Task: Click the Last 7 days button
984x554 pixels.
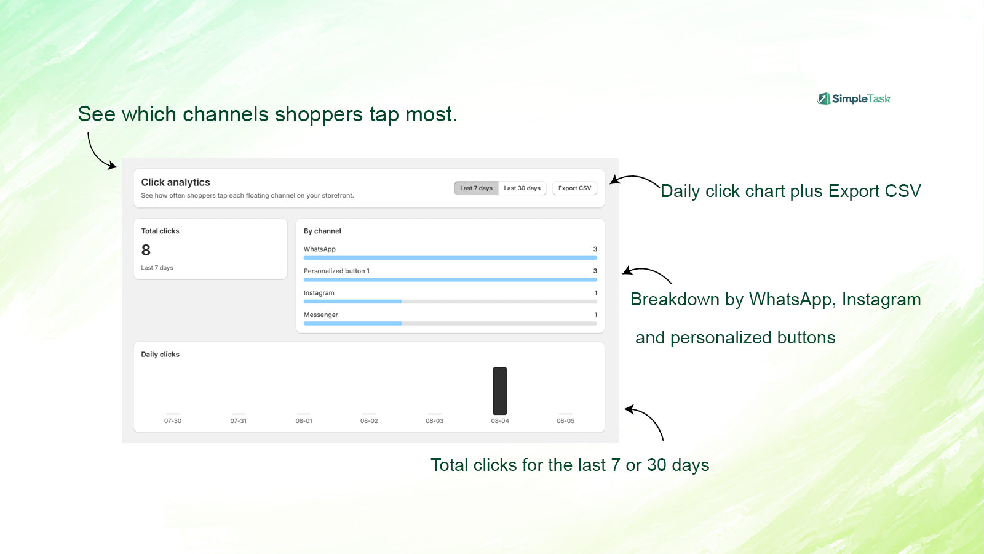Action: pos(476,188)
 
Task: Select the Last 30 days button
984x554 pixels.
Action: pos(522,188)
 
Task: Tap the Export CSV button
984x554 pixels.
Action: pos(574,188)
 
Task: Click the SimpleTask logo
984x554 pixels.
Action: pos(854,98)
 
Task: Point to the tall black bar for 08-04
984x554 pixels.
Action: pos(500,391)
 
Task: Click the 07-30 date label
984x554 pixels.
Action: pos(173,421)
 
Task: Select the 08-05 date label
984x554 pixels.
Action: pos(565,421)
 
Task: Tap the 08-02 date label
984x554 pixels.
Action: pos(369,421)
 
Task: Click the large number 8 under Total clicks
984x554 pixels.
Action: pos(146,250)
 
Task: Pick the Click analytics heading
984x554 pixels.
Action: pos(175,182)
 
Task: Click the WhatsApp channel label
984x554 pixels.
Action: pos(319,249)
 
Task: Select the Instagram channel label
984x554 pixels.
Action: pos(319,293)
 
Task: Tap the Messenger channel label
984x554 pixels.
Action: pos(320,315)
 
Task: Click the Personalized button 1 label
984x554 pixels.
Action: pos(336,271)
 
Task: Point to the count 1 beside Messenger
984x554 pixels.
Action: pos(596,315)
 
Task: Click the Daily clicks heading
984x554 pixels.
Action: pos(160,355)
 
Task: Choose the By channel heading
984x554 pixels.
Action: pos(322,231)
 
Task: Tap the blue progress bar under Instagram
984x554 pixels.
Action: pos(352,302)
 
